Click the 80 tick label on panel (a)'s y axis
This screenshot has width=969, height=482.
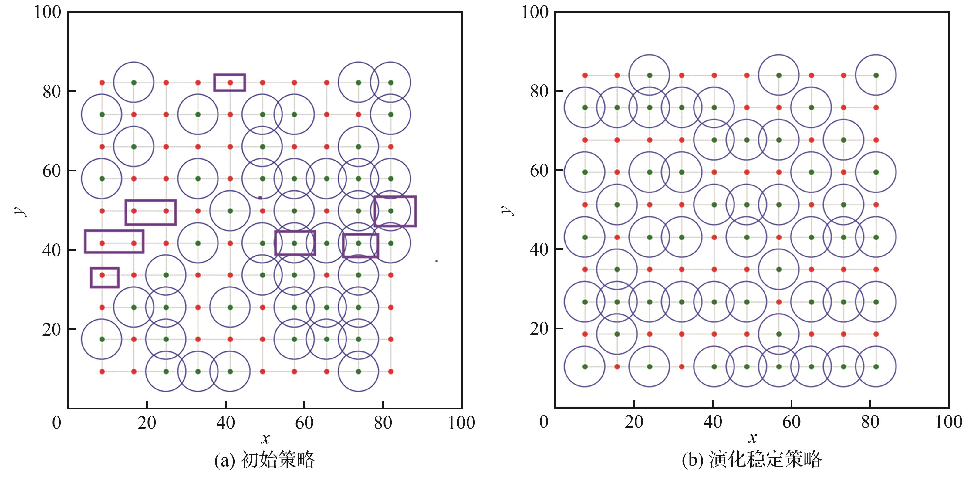52,91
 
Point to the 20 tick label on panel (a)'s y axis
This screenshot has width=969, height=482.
52,330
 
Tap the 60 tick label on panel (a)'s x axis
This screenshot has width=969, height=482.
304,423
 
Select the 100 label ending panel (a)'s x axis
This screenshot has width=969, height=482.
461,423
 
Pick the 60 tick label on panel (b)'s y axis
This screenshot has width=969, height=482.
539,171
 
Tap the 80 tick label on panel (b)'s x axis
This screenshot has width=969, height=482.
870,422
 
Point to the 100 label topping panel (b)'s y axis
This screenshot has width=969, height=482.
535,12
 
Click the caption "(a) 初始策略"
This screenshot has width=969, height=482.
265,460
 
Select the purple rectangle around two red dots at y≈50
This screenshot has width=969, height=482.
150,212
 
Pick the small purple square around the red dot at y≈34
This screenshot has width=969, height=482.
105,277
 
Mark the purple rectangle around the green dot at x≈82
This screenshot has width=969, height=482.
395,211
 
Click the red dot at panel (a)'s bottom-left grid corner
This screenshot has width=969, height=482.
102,372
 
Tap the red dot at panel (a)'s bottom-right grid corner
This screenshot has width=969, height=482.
391,372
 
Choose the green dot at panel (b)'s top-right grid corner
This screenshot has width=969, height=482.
876,75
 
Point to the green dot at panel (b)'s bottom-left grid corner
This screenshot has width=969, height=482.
585,366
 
